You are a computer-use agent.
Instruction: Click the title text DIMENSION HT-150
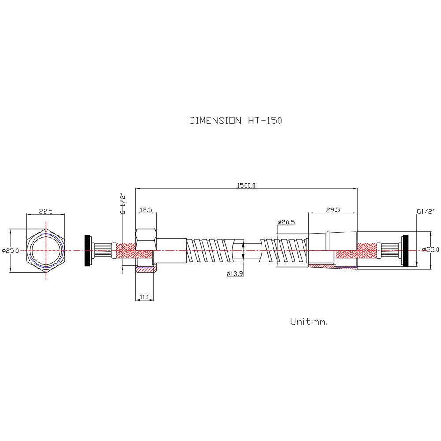click(x=235, y=120)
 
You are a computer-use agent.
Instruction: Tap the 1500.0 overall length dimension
click(x=246, y=185)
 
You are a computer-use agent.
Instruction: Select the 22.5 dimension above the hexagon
click(x=46, y=211)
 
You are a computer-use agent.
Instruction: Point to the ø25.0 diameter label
click(x=11, y=250)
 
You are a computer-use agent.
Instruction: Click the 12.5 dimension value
click(x=146, y=210)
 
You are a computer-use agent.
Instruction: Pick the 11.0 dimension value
click(x=145, y=297)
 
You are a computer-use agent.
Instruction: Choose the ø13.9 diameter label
click(x=235, y=273)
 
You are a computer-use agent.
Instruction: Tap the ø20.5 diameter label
click(x=286, y=222)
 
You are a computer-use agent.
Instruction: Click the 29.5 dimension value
click(x=333, y=210)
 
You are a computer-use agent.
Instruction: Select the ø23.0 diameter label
click(x=430, y=250)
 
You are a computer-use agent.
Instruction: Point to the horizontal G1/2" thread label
click(x=426, y=212)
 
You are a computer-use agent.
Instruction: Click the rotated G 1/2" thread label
click(x=123, y=203)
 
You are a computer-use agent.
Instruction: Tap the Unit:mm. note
click(x=309, y=321)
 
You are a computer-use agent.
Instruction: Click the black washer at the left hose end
click(x=88, y=250)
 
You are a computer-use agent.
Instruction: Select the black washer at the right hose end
click(x=406, y=250)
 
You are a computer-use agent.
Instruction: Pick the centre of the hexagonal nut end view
click(x=46, y=250)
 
